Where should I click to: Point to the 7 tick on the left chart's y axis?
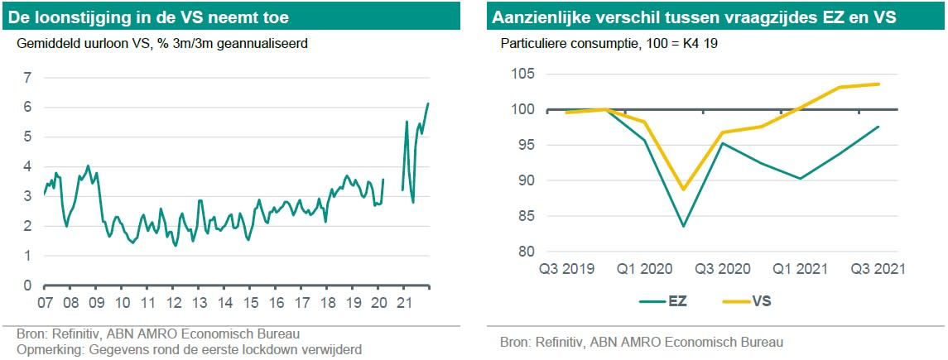[26, 78]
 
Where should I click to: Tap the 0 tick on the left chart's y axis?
[26, 286]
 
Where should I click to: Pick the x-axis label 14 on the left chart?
[224, 300]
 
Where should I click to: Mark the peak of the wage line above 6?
[428, 103]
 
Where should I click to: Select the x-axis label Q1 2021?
[801, 269]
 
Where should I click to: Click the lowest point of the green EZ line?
[683, 226]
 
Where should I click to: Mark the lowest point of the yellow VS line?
[683, 190]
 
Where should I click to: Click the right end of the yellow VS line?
[878, 84]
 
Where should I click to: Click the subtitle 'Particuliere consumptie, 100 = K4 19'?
[609, 43]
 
